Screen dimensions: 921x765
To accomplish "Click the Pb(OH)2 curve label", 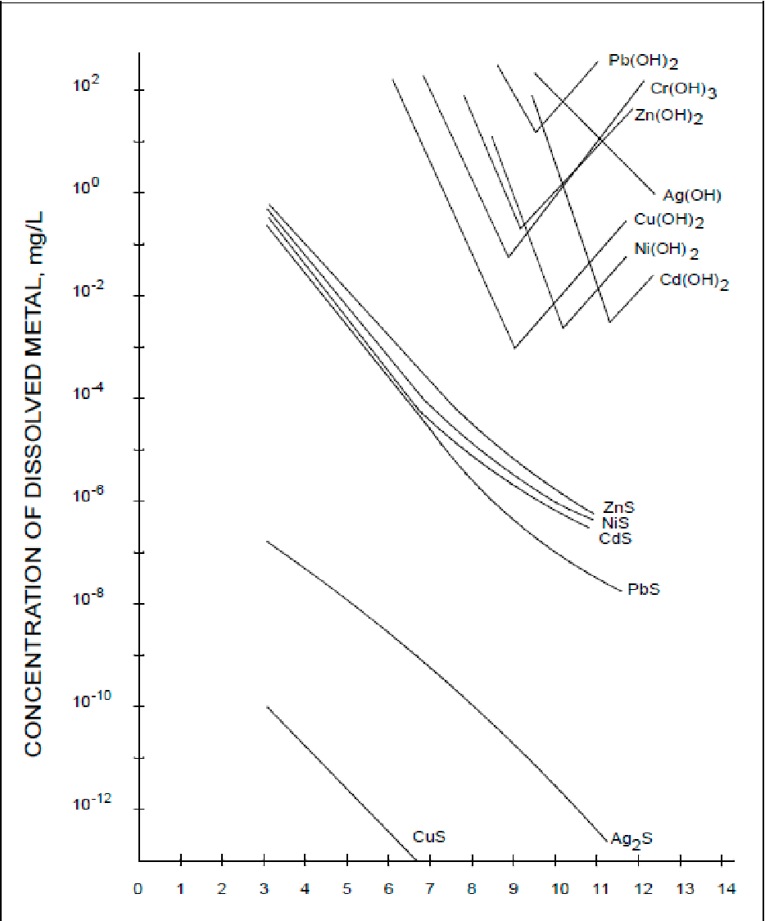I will pos(644,61).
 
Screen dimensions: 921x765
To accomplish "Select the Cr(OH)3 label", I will pos(684,90).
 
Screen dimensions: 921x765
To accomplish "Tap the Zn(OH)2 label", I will pos(668,116).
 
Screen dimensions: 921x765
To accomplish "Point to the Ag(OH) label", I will pos(692,195).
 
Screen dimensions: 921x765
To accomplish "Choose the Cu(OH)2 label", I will pos(669,220).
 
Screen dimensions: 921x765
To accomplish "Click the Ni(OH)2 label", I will pos(666,251).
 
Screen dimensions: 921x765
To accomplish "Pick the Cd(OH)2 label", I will pos(694,282).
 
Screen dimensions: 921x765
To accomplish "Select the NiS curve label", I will pos(615,524).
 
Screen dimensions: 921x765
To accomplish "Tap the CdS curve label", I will pos(615,538).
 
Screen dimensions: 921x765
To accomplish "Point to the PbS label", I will pos(644,589).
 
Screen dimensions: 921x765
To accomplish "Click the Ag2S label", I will pos(631,838).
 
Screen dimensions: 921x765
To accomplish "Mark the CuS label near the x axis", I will pos(429,837).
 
